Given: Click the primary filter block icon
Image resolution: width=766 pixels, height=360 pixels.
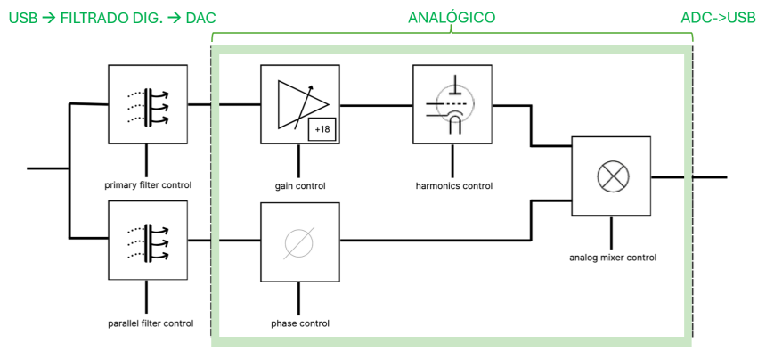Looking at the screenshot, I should click(x=147, y=104).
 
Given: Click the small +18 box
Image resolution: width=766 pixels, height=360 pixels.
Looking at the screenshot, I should click(x=322, y=130).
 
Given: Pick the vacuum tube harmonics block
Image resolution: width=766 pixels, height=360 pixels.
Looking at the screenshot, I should click(x=453, y=104).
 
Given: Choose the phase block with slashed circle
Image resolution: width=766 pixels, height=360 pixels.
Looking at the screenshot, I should click(x=299, y=241).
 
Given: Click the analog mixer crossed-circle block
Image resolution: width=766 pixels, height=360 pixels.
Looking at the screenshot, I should click(x=611, y=176).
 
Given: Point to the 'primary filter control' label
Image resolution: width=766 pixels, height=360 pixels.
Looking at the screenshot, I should click(x=147, y=186).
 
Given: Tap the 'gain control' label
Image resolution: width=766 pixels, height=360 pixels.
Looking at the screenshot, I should click(x=300, y=186).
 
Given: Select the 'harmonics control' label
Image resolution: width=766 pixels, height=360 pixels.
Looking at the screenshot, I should click(x=454, y=186).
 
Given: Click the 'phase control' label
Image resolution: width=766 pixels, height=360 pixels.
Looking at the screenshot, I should click(x=300, y=323).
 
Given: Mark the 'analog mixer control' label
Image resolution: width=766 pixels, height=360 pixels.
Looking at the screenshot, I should click(x=612, y=258).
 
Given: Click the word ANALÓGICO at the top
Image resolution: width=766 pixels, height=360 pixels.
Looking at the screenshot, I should click(x=451, y=18).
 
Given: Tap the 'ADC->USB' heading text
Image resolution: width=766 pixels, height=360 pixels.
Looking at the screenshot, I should click(x=719, y=18).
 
